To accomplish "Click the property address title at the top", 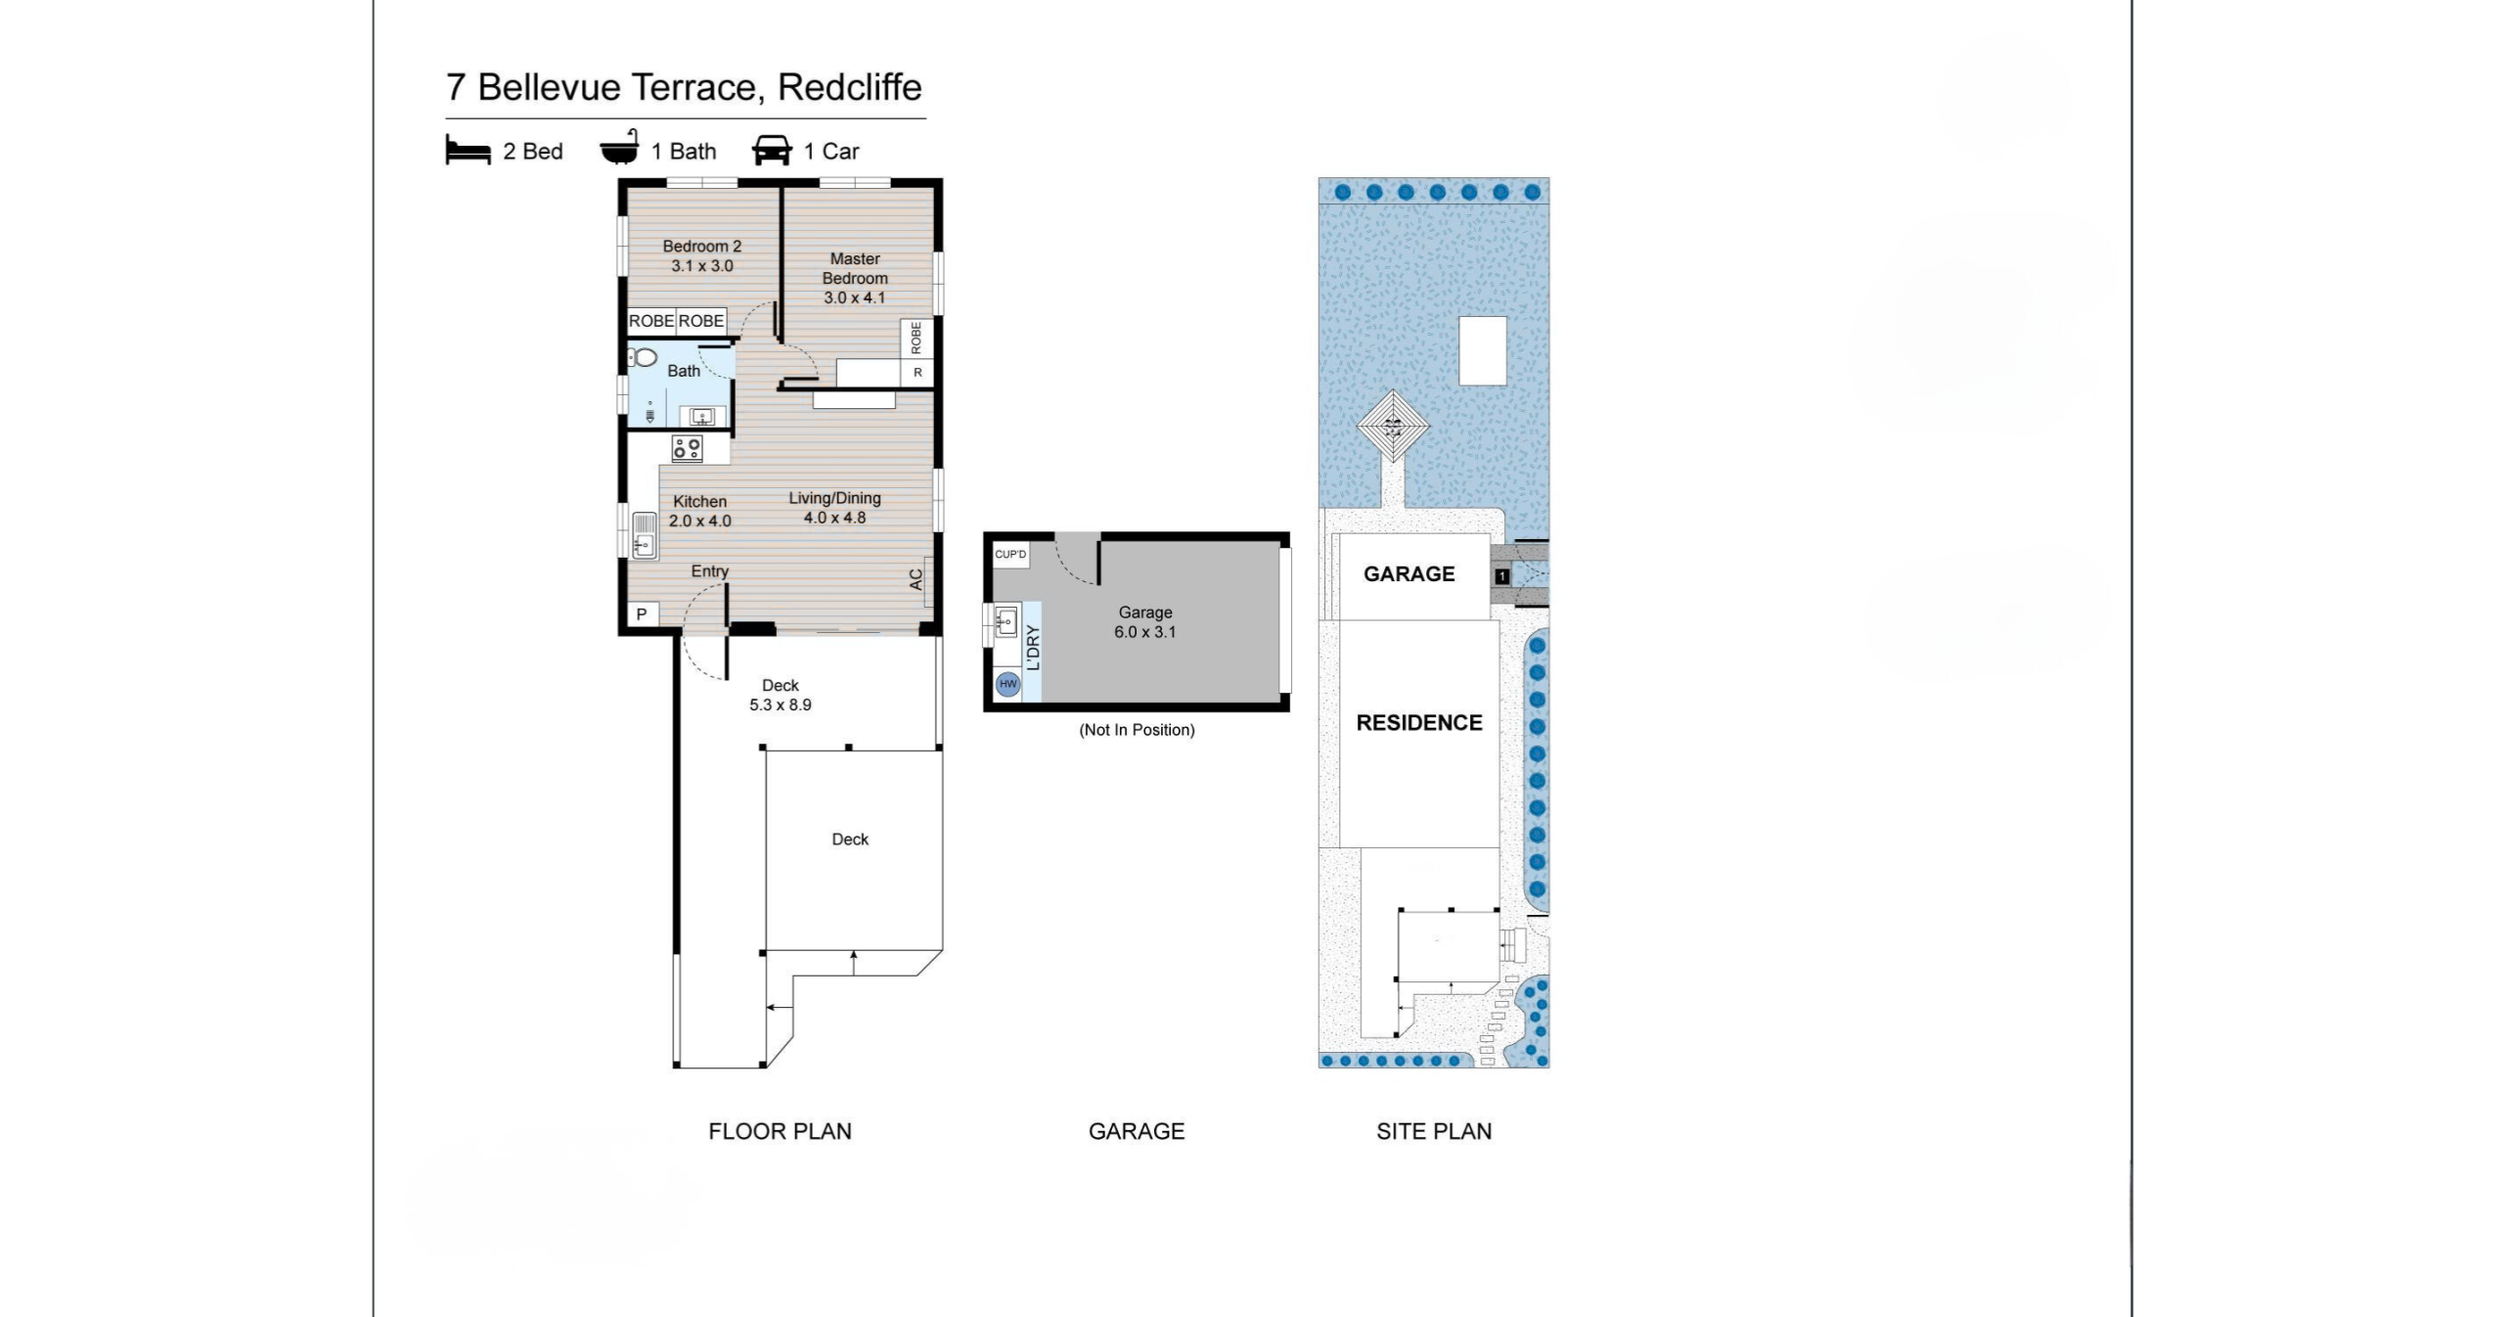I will click(684, 87).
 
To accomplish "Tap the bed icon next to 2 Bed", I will click(468, 151).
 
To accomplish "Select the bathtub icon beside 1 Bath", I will click(620, 149).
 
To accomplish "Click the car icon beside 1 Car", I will click(772, 151).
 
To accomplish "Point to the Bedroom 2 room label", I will click(701, 247).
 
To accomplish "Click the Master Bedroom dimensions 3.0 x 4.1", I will click(854, 297).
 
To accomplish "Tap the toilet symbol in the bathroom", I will click(642, 357).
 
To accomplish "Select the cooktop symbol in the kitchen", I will click(687, 448).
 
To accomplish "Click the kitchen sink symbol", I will click(644, 535).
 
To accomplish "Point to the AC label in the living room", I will click(917, 579).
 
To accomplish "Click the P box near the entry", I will click(642, 614).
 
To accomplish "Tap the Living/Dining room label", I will click(834, 498).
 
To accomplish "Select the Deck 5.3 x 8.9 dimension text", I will click(780, 704).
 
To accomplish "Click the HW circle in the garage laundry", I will click(1007, 684).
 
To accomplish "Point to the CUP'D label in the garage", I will click(1010, 555).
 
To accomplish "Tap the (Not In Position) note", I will click(1137, 730).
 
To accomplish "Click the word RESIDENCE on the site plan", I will click(1418, 723).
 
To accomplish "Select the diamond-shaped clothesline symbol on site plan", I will click(1393, 427).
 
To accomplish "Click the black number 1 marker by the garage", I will click(1502, 576).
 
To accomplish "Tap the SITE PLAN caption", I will click(1434, 1131).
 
